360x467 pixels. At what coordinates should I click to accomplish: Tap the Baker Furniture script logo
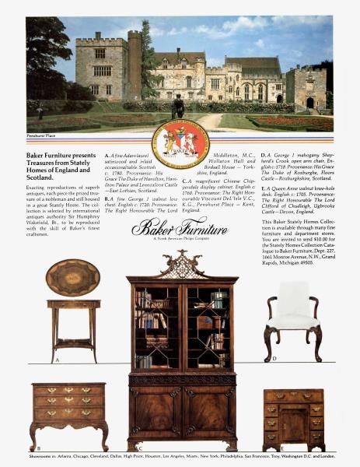click(x=180, y=228)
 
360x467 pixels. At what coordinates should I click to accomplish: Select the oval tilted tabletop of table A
click(x=72, y=276)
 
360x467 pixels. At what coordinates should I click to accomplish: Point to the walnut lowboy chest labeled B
click(x=68, y=412)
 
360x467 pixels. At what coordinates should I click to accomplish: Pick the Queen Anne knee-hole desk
click(x=292, y=417)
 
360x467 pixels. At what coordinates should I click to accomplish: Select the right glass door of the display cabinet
click(x=205, y=327)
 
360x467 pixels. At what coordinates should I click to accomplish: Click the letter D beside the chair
click(x=274, y=359)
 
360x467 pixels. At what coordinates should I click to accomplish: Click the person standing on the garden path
click(x=178, y=105)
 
